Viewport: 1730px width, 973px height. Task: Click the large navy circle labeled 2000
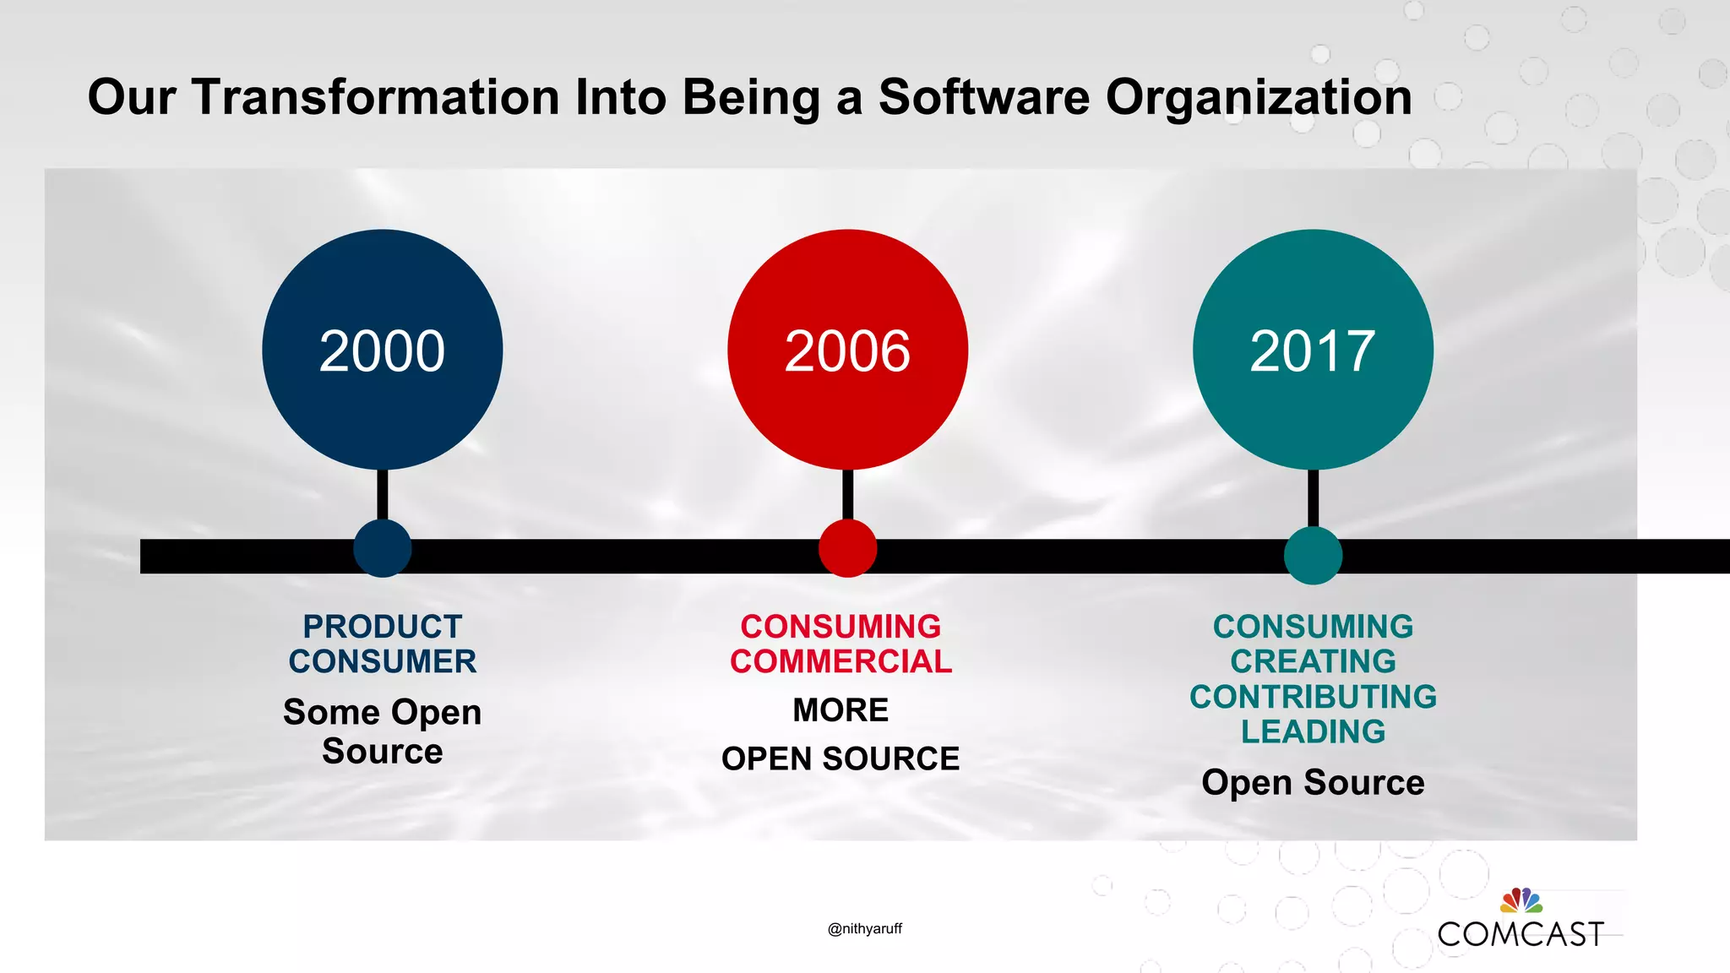click(x=382, y=350)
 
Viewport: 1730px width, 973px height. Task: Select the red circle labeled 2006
click(x=847, y=350)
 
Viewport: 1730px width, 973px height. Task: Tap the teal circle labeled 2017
click(x=1313, y=350)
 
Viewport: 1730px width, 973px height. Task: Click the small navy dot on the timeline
click(x=382, y=548)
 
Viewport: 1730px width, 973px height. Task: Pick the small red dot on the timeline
click(x=847, y=548)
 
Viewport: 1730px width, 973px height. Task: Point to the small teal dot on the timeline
click(x=1313, y=555)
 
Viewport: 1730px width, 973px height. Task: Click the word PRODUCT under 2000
click(x=383, y=627)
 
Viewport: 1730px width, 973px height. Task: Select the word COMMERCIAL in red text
click(x=841, y=661)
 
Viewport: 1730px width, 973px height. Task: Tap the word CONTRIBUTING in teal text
click(x=1313, y=697)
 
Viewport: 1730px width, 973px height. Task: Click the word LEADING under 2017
click(x=1313, y=731)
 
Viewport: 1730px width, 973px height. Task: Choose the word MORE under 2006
click(x=841, y=710)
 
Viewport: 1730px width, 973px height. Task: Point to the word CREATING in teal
click(x=1313, y=661)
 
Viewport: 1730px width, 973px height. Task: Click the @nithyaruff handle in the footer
click(x=865, y=928)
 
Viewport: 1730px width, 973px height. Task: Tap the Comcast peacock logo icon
click(x=1521, y=900)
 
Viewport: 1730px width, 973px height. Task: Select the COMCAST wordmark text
click(x=1521, y=934)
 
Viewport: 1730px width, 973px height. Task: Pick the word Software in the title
click(x=984, y=96)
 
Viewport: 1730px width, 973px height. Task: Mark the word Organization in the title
click(x=1259, y=96)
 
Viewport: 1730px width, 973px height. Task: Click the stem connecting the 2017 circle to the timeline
click(x=1313, y=497)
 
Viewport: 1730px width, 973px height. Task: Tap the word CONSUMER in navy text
click(x=383, y=661)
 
